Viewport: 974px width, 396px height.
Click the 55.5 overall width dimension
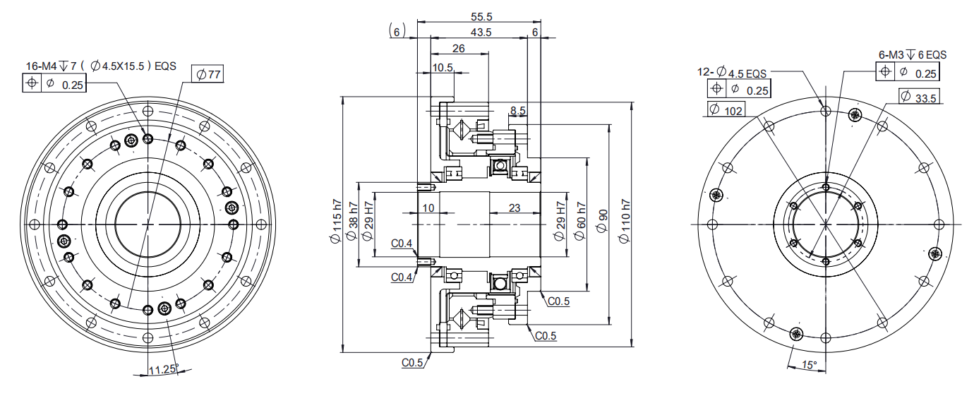481,16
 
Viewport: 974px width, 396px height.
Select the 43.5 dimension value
481,32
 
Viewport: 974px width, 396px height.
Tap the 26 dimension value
458,48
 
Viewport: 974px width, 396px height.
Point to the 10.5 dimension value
443,67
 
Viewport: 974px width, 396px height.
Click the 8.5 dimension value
518,111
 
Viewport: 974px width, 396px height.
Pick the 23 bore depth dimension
515,208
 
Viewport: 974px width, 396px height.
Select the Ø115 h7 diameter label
336,221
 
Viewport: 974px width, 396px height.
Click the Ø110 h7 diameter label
625,221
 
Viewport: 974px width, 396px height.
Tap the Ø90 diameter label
602,221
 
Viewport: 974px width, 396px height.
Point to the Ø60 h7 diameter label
579,221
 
